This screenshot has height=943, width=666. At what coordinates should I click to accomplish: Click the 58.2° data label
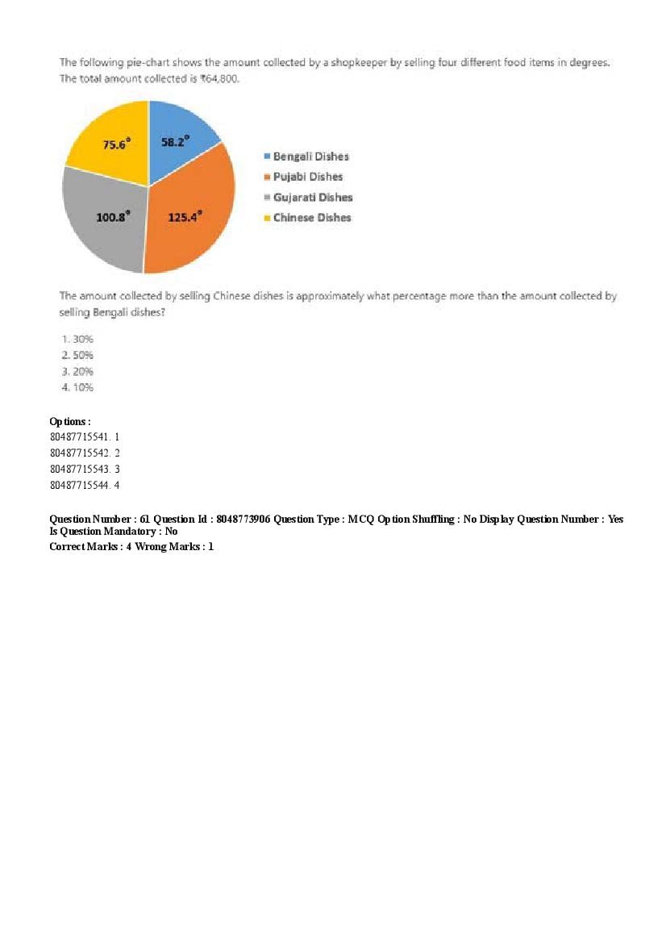[x=175, y=141]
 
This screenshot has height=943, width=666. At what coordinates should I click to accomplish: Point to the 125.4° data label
[x=185, y=216]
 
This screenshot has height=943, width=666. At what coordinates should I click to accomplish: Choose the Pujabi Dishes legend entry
[x=307, y=177]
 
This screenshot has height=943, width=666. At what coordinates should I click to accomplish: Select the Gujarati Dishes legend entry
[x=312, y=198]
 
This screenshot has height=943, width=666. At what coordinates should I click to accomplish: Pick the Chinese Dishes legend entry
[x=312, y=218]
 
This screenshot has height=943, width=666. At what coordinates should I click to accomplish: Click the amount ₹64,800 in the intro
[x=218, y=79]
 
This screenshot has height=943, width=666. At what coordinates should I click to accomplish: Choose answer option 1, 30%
[x=77, y=339]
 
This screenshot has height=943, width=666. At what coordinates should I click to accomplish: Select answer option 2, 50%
[x=77, y=355]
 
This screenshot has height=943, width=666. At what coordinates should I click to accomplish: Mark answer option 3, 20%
[x=77, y=371]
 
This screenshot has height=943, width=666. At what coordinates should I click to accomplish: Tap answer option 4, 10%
[x=77, y=387]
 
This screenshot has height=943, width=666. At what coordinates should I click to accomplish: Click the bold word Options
[x=69, y=421]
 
